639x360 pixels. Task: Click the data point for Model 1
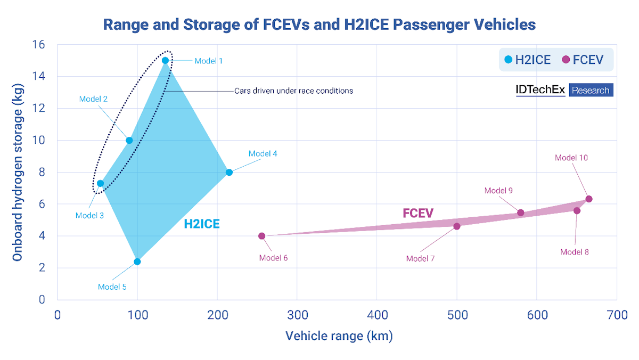(165, 60)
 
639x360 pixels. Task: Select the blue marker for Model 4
(229, 172)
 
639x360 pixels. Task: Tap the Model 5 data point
(137, 261)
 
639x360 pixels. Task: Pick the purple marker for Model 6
(261, 236)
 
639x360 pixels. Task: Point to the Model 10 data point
(588, 199)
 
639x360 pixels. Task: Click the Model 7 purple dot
(456, 226)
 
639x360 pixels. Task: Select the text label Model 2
(94, 99)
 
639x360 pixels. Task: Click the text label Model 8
(575, 252)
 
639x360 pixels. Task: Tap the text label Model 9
(498, 191)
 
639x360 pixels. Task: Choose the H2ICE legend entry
(527, 60)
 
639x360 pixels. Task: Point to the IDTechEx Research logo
(564, 89)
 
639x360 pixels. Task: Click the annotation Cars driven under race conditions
(293, 91)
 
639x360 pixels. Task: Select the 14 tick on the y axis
(39, 77)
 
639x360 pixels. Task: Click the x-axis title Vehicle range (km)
(339, 337)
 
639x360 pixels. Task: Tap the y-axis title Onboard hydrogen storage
(18, 171)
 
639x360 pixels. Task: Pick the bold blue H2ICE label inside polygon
(202, 224)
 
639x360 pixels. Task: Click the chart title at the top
(319, 24)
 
